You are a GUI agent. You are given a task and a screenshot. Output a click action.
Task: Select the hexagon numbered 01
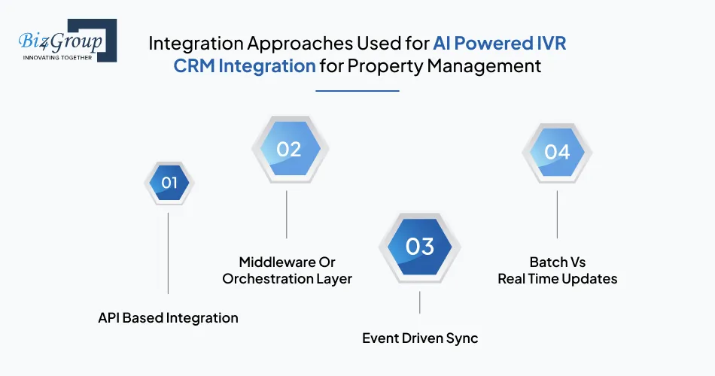pos(169,182)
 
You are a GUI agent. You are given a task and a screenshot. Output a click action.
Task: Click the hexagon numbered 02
pos(288,149)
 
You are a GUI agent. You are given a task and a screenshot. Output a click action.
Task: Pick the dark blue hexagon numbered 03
pos(419,246)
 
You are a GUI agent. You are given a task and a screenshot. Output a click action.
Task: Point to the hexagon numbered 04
pos(557,152)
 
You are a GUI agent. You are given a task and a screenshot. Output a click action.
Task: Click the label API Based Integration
pos(168,317)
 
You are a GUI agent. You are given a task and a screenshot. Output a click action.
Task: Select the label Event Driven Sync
pos(419,338)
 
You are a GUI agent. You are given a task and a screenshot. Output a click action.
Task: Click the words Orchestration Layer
pos(287,278)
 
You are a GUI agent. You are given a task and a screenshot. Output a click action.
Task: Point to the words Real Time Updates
pos(557,278)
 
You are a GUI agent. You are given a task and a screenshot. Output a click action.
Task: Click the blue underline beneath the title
pos(357,91)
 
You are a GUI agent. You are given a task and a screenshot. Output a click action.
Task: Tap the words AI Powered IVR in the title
pos(499,43)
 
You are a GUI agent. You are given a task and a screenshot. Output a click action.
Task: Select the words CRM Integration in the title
pos(245,65)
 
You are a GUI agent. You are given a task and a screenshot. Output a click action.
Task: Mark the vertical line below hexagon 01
pos(168,252)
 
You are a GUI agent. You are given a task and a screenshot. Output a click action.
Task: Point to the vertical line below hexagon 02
pos(287,214)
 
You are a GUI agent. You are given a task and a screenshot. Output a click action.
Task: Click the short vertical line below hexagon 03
pos(419,302)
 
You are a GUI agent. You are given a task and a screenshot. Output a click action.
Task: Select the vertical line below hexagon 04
pos(557,214)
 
